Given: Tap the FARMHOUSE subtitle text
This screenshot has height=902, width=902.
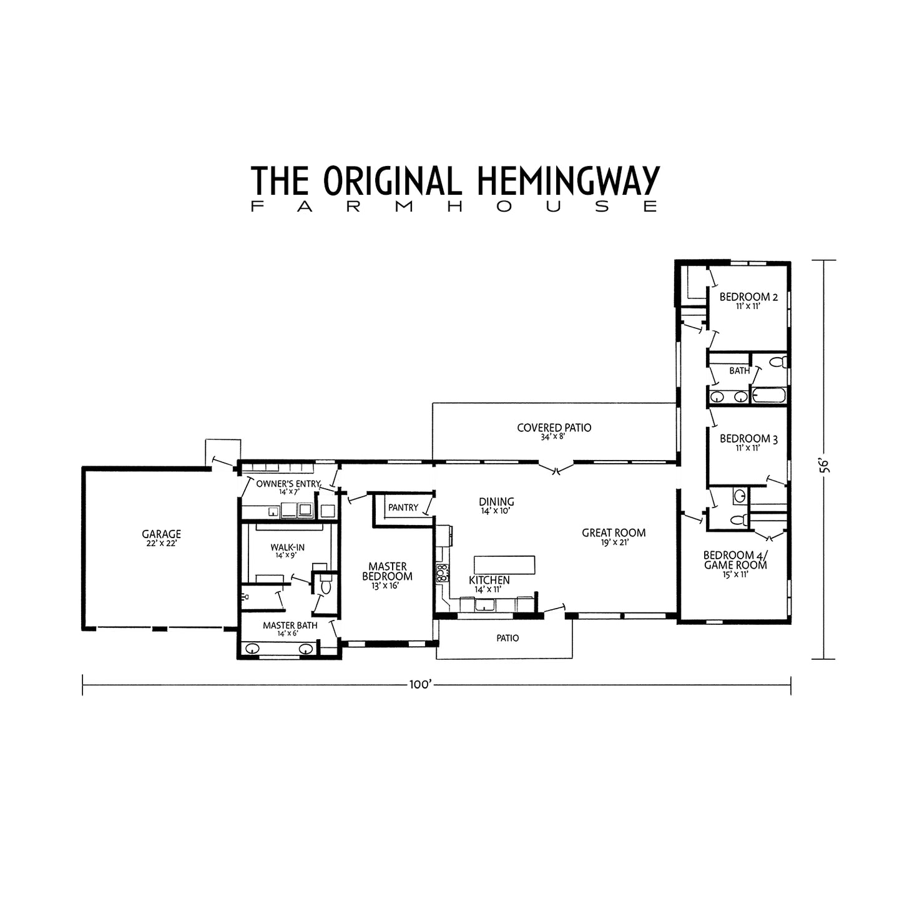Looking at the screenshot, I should (454, 207).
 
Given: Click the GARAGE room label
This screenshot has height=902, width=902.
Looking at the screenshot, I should (161, 534).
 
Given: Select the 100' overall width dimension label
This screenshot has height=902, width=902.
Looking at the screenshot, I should (421, 684).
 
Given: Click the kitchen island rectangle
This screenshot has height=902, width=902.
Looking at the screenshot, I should (504, 564).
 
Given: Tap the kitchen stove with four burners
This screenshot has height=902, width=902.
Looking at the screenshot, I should (442, 572).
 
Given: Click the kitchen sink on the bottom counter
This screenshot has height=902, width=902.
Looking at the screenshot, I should (484, 604).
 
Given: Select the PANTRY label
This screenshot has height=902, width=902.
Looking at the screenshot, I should (403, 507).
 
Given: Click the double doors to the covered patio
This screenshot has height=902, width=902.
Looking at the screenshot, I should (556, 468).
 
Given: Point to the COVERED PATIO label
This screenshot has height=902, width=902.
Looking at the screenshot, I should (554, 428).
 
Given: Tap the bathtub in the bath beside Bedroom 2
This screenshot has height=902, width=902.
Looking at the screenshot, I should (769, 396).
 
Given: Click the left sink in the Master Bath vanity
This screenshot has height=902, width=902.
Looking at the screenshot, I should (253, 649).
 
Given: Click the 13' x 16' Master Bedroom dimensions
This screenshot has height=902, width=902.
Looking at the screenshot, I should (387, 586).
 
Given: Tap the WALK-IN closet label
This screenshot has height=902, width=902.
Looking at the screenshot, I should (287, 547).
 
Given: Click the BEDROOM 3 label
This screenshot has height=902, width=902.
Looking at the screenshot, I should (748, 439).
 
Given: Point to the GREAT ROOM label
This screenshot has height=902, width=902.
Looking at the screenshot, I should (613, 533).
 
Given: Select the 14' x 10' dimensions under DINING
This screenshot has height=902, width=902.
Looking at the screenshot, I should (496, 511).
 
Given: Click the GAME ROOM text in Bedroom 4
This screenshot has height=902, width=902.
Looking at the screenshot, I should (735, 565).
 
